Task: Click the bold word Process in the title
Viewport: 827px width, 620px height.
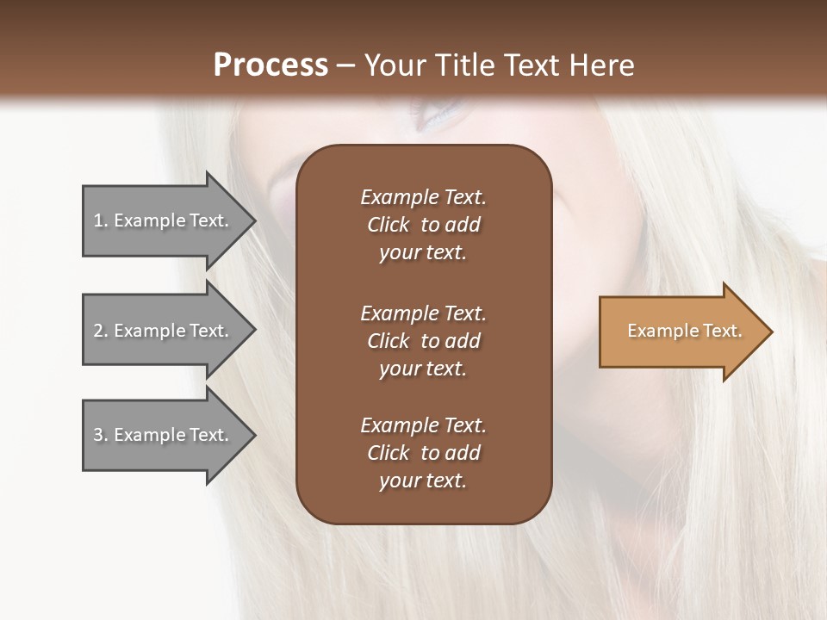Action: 270,65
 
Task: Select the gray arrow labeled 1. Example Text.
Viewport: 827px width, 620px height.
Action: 164,220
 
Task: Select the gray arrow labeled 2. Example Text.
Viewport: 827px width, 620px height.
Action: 164,331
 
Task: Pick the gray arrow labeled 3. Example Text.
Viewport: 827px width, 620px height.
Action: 164,435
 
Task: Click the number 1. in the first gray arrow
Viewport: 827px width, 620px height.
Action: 101,220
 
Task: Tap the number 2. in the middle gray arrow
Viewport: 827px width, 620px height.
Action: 101,331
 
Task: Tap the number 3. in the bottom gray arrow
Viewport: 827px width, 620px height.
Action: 101,435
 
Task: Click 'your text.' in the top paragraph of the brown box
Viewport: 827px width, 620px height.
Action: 423,252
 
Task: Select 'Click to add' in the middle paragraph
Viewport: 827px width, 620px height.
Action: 423,341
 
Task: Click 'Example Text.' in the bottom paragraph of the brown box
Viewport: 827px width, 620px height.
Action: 423,425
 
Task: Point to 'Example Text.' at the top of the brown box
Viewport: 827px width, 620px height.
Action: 423,197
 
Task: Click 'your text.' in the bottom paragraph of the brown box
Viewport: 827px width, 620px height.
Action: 423,480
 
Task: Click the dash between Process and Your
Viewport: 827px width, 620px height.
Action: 345,65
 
